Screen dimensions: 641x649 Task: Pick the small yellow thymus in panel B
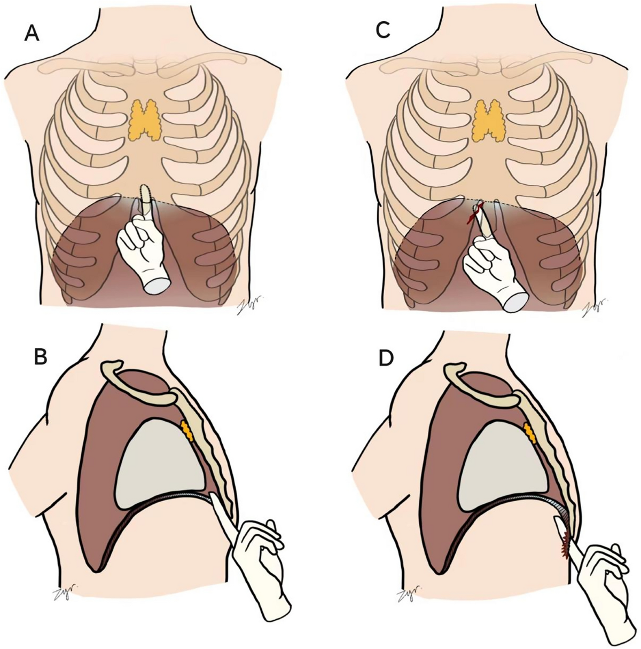(x=186, y=430)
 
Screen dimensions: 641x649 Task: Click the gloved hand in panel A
(x=140, y=251)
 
